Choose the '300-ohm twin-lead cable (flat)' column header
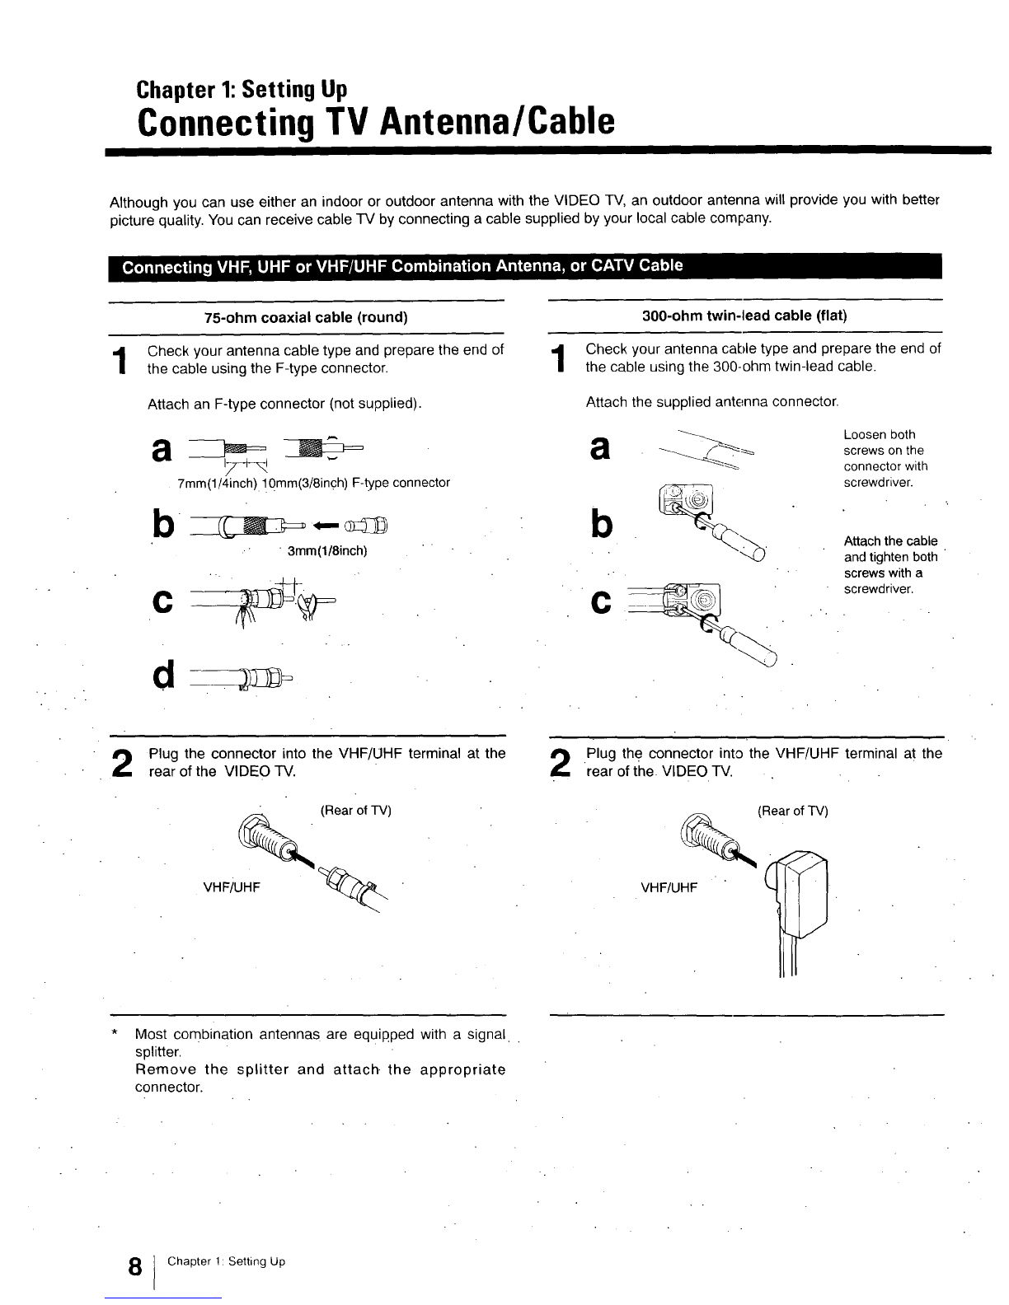(x=745, y=316)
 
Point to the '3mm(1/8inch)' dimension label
(x=326, y=550)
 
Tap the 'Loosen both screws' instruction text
(x=883, y=458)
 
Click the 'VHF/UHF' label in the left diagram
(x=232, y=887)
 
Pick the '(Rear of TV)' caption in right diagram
(x=792, y=811)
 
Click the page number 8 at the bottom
(x=132, y=1266)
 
